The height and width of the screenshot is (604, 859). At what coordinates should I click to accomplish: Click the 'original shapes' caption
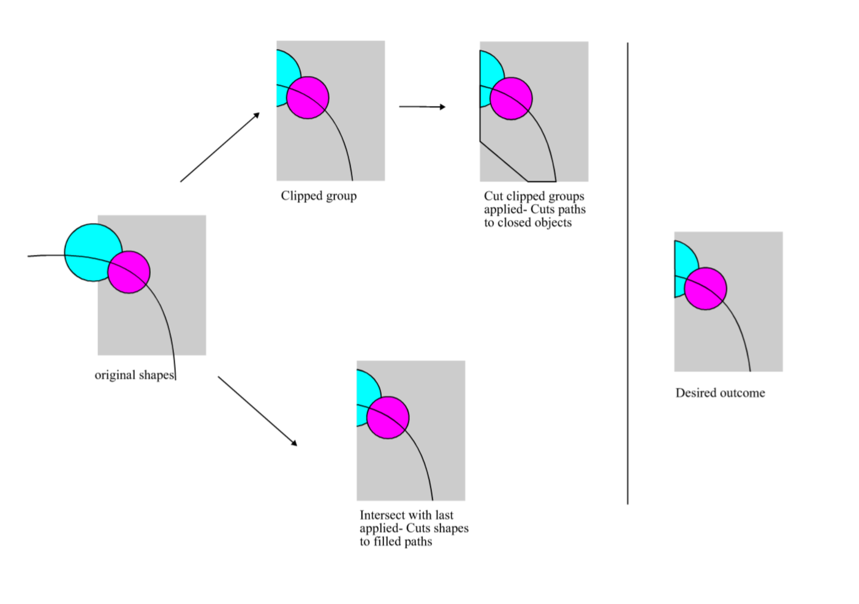click(134, 375)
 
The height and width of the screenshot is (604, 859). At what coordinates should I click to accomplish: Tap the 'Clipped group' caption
click(319, 196)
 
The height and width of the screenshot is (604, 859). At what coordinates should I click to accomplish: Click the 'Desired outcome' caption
click(720, 393)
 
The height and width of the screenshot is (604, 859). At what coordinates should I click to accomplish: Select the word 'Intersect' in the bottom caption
click(383, 515)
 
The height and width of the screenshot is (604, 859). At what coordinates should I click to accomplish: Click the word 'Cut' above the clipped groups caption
click(493, 196)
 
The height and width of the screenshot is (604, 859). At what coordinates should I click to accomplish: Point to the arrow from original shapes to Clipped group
click(220, 147)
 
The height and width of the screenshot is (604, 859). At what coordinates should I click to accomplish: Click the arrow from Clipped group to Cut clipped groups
click(422, 107)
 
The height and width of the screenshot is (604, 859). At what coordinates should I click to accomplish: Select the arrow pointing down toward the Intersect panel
click(257, 411)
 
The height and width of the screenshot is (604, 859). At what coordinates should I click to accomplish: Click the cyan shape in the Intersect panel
click(366, 392)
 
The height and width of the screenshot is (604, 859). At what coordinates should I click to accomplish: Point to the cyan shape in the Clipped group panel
click(286, 70)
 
